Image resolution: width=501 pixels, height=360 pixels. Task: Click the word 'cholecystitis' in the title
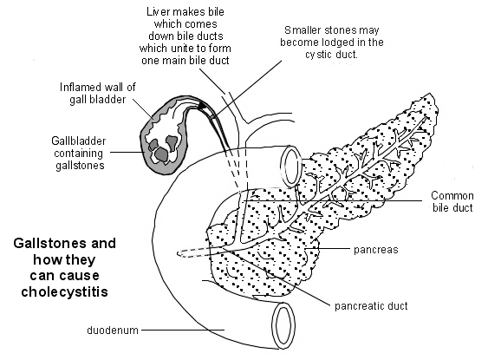[x=64, y=291]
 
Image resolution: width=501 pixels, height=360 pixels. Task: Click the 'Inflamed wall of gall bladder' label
[x=94, y=94]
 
